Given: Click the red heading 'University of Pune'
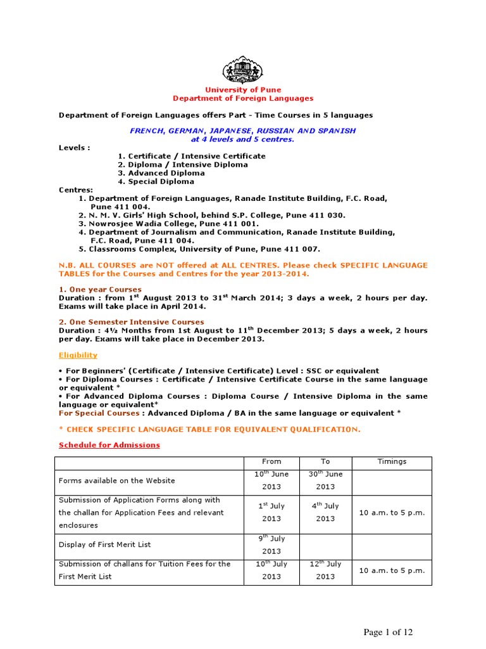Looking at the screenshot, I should [x=243, y=90].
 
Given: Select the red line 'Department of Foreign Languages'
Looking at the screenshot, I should [x=243, y=98].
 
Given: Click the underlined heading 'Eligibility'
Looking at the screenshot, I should [x=78, y=356].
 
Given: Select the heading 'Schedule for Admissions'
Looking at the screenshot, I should [x=109, y=445].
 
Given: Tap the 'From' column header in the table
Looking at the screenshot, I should [x=271, y=461].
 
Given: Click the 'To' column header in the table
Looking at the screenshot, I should [x=325, y=461].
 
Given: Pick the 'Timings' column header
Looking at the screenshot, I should [x=392, y=461].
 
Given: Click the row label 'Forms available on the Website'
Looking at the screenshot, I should [x=116, y=480].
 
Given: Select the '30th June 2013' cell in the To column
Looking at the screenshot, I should [x=325, y=480].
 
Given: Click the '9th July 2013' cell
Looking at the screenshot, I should [x=271, y=544].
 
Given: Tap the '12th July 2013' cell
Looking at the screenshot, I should [x=325, y=570].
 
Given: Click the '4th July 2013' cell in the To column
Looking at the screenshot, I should [x=325, y=512].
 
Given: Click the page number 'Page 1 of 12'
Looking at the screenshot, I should [x=387, y=632].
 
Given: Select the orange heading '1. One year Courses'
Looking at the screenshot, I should [x=100, y=289].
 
